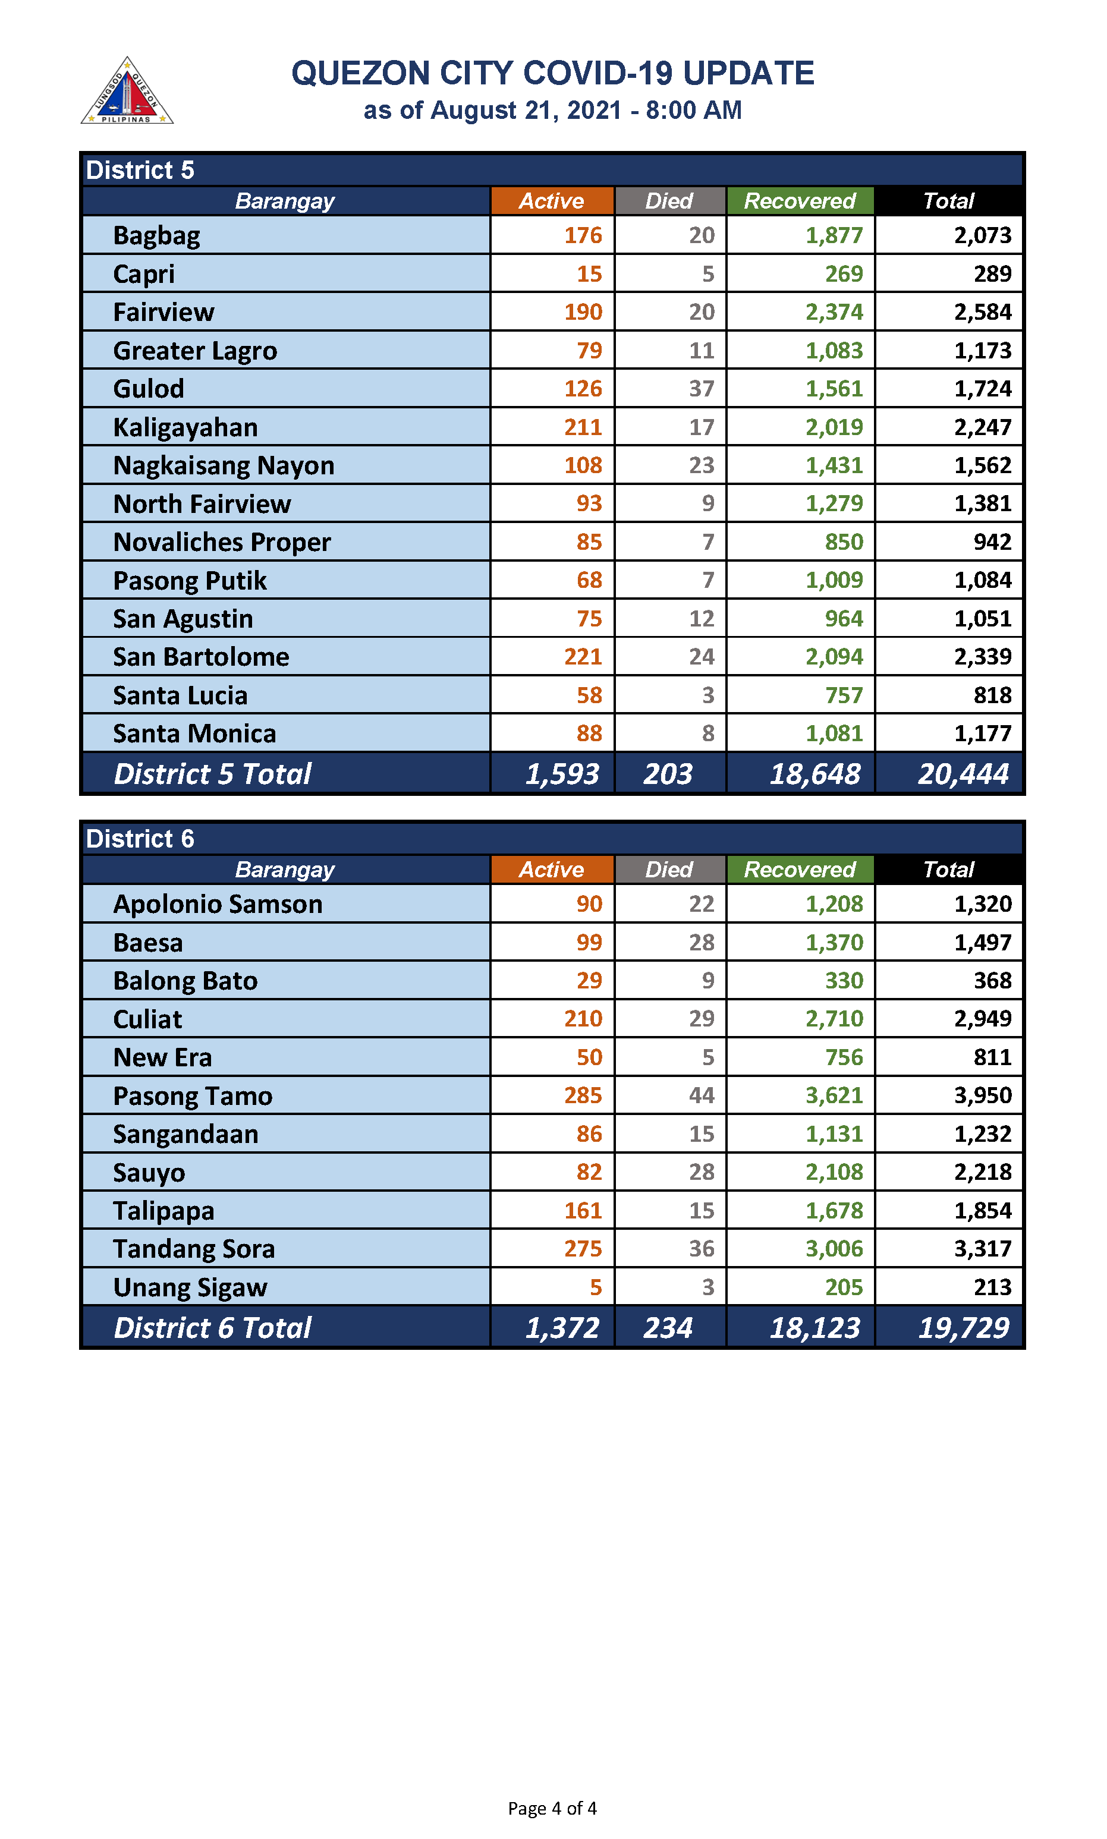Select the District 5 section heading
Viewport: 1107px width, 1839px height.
140,170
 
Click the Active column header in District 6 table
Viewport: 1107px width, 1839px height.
551,870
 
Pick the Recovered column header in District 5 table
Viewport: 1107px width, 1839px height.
800,201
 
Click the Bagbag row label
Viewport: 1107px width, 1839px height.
156,235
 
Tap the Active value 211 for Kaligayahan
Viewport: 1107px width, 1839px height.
583,427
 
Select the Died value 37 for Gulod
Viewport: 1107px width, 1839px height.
701,389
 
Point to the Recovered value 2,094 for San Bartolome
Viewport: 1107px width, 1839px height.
834,657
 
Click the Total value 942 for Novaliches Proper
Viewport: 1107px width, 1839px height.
992,542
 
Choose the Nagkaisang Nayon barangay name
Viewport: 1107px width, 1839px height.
224,465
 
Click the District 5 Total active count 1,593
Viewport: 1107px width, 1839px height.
562,774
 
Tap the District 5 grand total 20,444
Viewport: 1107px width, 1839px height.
963,774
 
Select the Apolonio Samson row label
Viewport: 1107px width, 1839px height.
218,904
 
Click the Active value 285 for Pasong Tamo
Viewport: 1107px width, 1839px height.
583,1095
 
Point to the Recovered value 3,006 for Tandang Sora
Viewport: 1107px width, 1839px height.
834,1248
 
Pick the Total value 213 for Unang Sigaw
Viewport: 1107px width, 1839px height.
992,1287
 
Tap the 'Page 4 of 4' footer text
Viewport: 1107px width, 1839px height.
552,1807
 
